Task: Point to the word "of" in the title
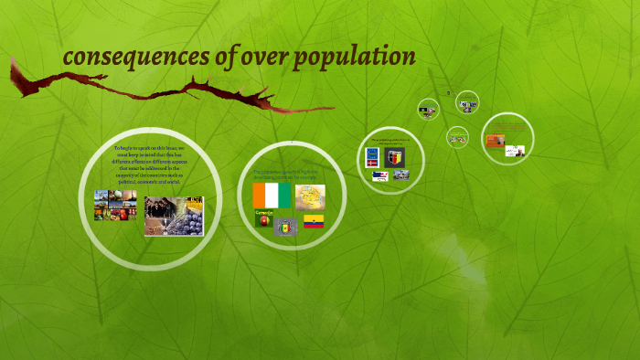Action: pyautogui.click(x=208, y=57)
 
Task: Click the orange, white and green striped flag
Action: pyautogui.click(x=272, y=195)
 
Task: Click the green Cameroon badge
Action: pyautogui.click(x=263, y=219)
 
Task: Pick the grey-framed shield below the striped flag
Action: pyautogui.click(x=286, y=225)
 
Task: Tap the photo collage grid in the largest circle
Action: pyautogui.click(x=115, y=205)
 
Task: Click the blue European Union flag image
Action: pyautogui.click(x=372, y=156)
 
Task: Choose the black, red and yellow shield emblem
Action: pyautogui.click(x=395, y=156)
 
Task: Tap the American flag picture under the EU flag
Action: pyautogui.click(x=379, y=175)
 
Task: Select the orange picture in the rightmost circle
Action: pyautogui.click(x=494, y=140)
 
